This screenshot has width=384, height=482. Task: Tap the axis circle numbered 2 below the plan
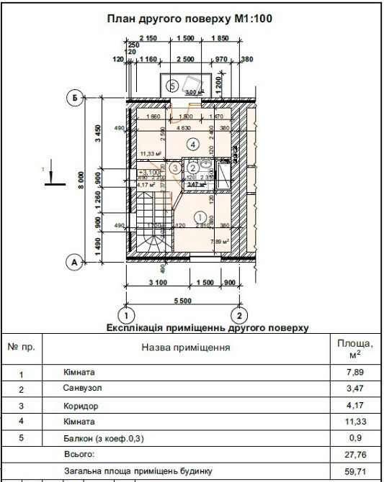239,315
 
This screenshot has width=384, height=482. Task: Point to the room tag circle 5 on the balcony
171,86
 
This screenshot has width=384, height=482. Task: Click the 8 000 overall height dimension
82,180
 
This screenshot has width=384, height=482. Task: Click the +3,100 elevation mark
149,173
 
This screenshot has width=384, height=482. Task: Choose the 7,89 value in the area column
357,373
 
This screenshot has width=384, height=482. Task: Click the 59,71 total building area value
357,471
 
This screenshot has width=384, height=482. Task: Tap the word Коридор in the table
79,405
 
